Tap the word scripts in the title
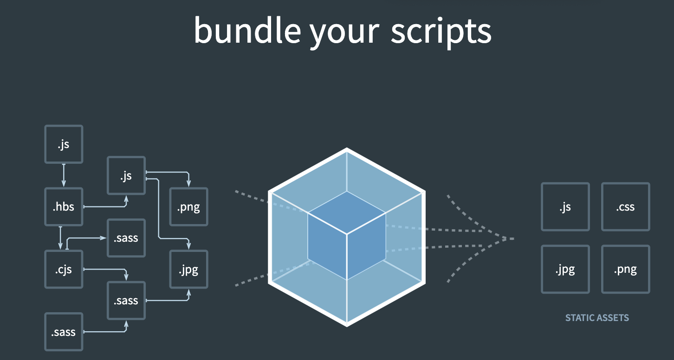click(x=441, y=31)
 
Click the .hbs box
click(x=64, y=206)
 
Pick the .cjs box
click(x=64, y=269)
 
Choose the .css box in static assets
click(x=625, y=207)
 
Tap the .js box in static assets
click(x=565, y=207)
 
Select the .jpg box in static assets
click(x=565, y=270)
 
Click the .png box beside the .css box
click(x=625, y=270)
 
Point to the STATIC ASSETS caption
click(x=597, y=318)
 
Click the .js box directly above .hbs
click(x=64, y=144)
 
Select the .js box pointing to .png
click(x=126, y=176)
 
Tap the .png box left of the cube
click(x=188, y=207)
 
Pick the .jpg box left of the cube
click(x=188, y=270)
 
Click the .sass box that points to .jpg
click(x=126, y=301)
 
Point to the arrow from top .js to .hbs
click(x=64, y=175)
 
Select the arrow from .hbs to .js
click(x=104, y=207)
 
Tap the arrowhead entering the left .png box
click(x=188, y=183)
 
